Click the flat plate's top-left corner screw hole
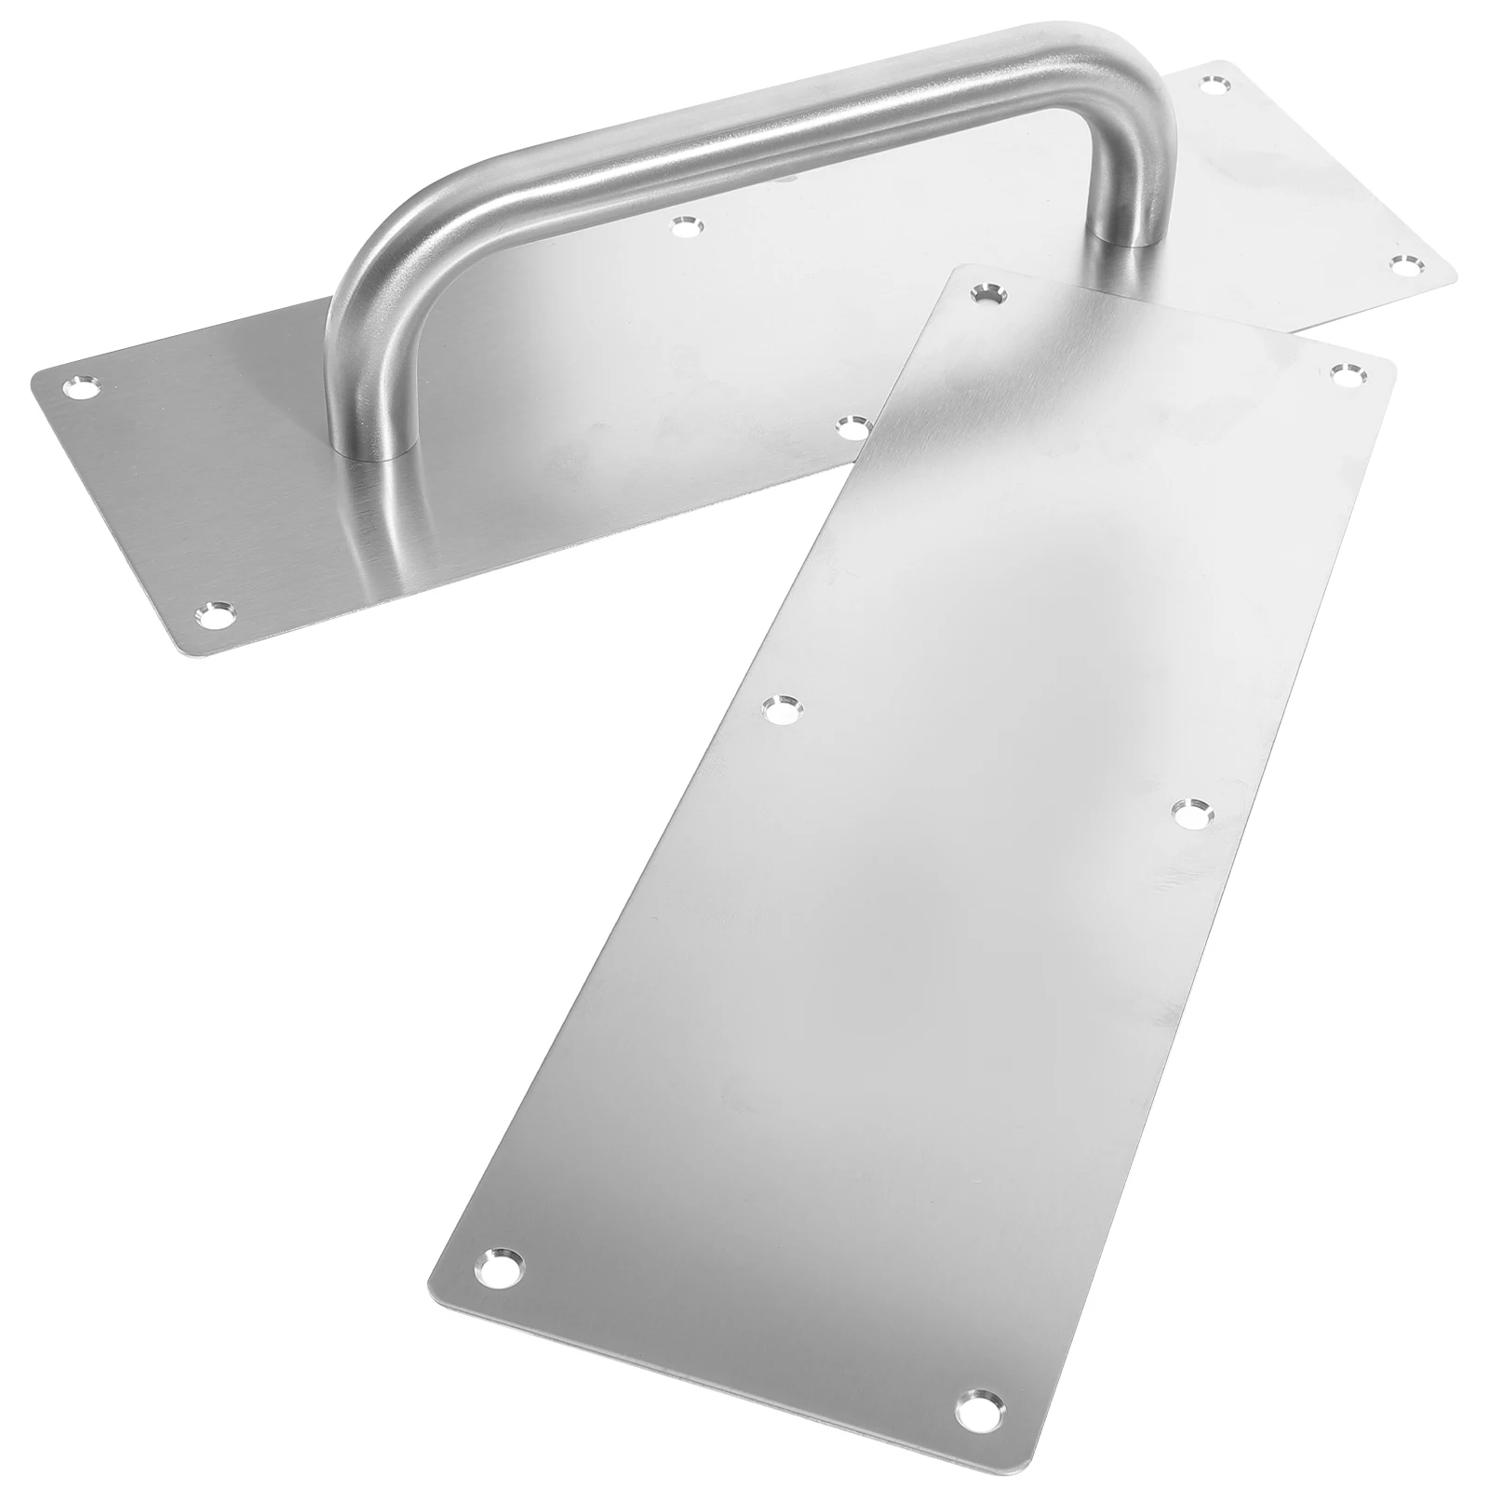click(x=984, y=294)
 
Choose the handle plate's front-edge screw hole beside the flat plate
click(x=851, y=428)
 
